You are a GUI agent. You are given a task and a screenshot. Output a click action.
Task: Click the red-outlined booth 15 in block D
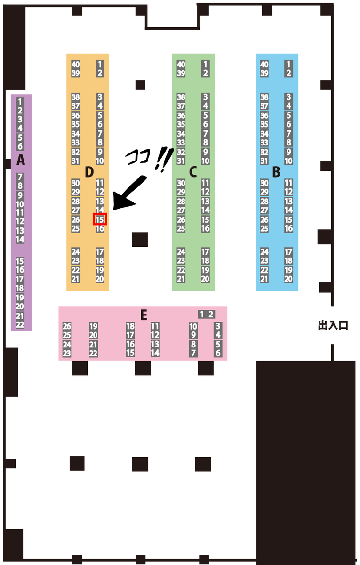(x=100, y=219)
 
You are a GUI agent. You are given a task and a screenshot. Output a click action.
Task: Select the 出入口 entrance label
(x=333, y=325)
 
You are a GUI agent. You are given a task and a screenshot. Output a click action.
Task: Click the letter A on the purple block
(x=21, y=160)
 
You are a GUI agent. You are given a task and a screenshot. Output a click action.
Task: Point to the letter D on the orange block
(x=89, y=172)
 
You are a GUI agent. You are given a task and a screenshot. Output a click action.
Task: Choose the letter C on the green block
(x=193, y=172)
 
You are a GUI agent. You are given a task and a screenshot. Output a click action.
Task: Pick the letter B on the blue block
(x=276, y=172)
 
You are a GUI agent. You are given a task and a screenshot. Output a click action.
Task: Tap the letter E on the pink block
(x=144, y=315)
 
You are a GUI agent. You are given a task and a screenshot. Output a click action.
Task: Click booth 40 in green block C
(x=181, y=65)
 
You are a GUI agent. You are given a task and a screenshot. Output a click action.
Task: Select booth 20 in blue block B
(x=288, y=279)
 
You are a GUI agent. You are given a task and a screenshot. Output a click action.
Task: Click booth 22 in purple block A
(x=20, y=324)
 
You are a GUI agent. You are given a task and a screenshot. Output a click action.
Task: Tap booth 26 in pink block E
(x=67, y=326)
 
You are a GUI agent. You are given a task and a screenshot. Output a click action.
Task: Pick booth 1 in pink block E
(x=202, y=314)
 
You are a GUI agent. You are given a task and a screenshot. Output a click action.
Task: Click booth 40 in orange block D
(x=75, y=65)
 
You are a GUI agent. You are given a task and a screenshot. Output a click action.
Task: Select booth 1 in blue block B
(x=288, y=65)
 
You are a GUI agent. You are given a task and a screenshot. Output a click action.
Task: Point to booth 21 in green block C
(x=181, y=279)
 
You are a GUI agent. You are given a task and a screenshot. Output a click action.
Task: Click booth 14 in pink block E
(x=155, y=353)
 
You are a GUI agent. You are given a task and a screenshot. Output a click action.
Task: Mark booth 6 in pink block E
(x=218, y=353)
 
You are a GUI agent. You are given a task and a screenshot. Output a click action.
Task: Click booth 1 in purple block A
(x=20, y=102)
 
